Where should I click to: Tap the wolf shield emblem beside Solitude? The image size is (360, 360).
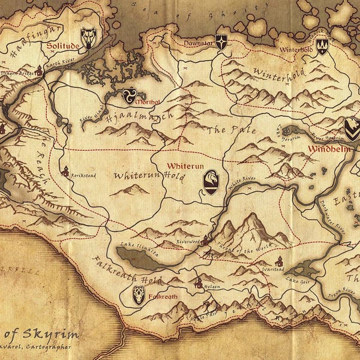click(x=89, y=37)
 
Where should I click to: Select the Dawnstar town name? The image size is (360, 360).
click(x=199, y=44)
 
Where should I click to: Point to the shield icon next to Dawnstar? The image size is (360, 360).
click(x=221, y=42)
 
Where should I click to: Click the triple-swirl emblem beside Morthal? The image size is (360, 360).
click(x=129, y=95)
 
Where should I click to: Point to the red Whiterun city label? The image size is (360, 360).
click(x=182, y=165)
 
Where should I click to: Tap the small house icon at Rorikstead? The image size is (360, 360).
click(x=64, y=171)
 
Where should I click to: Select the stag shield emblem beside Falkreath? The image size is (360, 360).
click(x=139, y=295)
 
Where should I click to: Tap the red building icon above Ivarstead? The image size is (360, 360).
click(x=278, y=261)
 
